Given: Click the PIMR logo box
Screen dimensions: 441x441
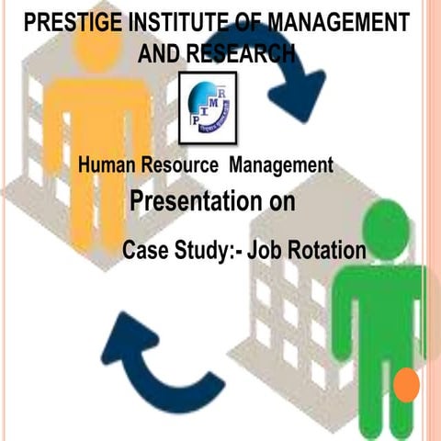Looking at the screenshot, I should (x=207, y=107).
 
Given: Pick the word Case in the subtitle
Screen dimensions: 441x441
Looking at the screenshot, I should (x=143, y=249).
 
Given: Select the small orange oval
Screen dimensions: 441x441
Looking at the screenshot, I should (x=408, y=385).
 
